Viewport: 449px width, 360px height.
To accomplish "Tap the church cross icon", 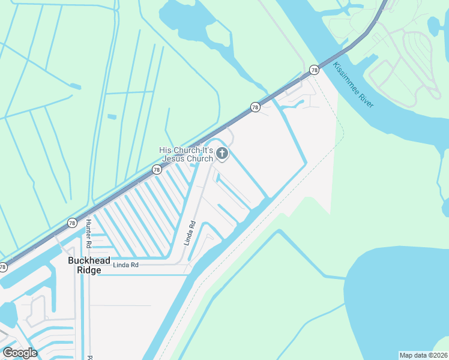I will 222,154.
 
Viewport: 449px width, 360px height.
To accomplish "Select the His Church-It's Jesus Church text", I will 186,154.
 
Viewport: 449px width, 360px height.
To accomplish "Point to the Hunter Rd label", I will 88,233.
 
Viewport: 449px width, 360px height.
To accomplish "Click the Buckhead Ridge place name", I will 85,265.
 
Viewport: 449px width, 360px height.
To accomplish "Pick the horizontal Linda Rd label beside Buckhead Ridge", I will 126,265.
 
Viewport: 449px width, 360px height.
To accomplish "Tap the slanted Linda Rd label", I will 190,233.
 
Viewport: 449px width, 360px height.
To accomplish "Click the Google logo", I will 20,353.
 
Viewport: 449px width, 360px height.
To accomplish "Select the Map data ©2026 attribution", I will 424,355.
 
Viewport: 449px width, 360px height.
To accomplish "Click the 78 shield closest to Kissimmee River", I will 314,71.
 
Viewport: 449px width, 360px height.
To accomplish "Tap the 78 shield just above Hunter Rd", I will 73,223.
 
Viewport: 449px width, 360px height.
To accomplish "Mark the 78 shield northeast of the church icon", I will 255,107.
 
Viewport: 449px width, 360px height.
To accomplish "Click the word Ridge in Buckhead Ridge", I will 85,270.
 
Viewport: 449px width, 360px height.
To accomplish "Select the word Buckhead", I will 85,260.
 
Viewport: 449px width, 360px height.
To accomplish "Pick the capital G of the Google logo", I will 8,352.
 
